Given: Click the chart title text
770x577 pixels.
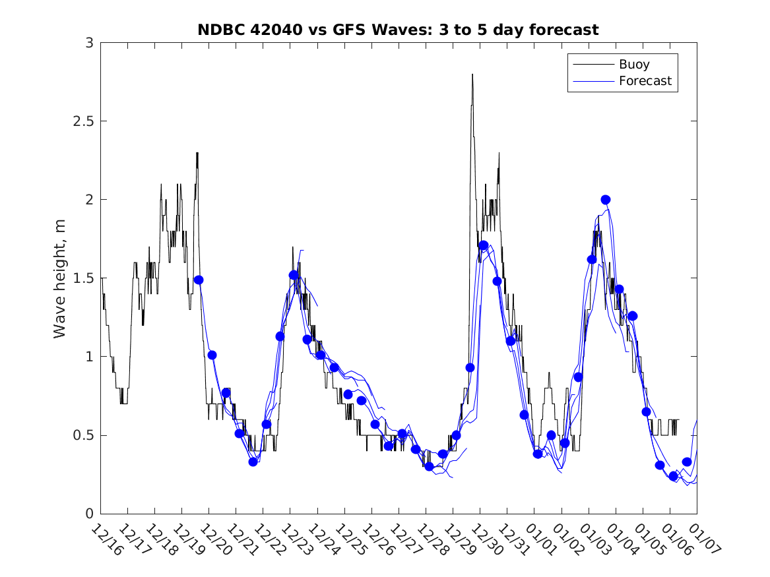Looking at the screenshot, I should pos(398,30).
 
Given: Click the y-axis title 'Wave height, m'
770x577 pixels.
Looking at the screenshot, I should pos(60,278).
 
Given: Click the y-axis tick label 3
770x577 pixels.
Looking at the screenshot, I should pos(88,43).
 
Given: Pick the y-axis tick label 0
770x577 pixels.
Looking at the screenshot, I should pos(88,514).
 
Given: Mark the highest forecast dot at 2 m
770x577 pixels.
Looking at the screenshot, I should pos(606,199).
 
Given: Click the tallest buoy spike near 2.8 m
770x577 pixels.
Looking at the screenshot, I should pos(472,75).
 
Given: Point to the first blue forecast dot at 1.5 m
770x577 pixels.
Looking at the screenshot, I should pos(199,280).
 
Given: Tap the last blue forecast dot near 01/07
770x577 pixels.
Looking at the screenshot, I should pos(686,462).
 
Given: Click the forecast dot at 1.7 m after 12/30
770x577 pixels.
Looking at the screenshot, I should pos(484,245).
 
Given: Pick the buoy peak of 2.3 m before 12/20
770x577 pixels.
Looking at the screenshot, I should pos(197,154).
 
